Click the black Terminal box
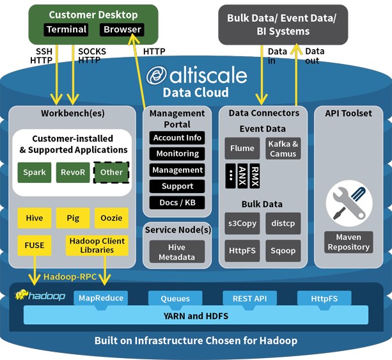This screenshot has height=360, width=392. [66, 29]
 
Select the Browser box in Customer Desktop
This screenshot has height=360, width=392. [122, 29]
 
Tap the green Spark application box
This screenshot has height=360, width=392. [35, 173]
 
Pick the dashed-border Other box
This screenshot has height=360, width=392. [111, 173]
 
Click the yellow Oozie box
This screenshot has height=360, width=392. [111, 218]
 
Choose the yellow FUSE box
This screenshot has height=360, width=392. [35, 246]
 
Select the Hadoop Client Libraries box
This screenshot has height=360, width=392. [97, 246]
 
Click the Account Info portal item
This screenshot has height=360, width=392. [177, 137]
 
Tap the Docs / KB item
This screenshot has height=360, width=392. [177, 203]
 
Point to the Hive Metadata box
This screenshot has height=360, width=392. [177, 252]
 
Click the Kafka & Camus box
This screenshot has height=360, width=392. [283, 148]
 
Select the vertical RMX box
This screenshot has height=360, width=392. [255, 176]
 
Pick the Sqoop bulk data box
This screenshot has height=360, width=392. [283, 251]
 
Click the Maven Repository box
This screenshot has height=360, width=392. [349, 242]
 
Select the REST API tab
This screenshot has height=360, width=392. [250, 299]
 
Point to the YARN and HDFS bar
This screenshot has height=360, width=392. [196, 316]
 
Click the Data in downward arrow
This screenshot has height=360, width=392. [262, 75]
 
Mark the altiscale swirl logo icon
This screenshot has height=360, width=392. [157, 75]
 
